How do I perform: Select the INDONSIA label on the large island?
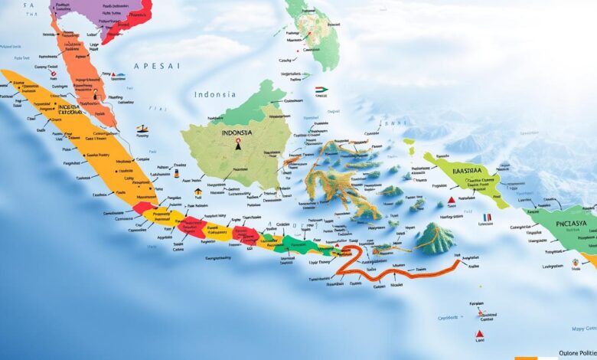[237, 132]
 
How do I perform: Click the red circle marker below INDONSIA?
[239, 141]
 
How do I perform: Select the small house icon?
[198, 191]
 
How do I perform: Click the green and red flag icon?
[321, 90]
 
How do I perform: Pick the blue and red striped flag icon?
[486, 217]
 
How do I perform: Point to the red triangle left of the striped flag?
[452, 201]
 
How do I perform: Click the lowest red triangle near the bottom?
[479, 334]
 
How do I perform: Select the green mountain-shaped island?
[436, 239]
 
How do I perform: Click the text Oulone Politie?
[567, 352]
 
